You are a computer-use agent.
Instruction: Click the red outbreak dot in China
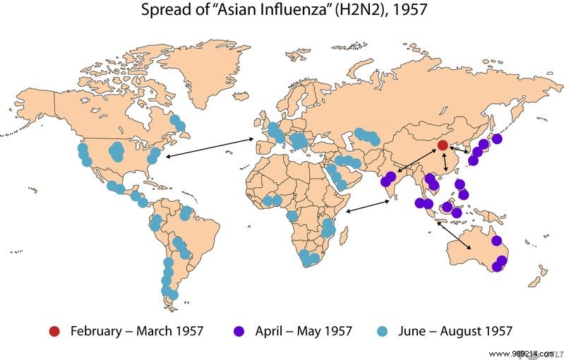[x=443, y=145]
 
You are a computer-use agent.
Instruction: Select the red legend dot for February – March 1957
[x=54, y=330]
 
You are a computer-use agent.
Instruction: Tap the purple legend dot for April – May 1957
[x=239, y=330]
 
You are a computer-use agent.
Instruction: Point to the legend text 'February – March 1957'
[x=137, y=330]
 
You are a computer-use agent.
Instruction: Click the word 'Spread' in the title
[x=160, y=11]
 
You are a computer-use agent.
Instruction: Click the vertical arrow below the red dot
[x=445, y=162]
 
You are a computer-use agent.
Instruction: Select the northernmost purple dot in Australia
[x=497, y=241]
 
